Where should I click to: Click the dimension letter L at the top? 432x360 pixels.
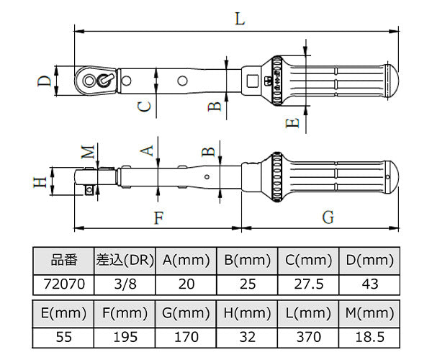(240, 19)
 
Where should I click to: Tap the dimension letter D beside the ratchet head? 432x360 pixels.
(45, 81)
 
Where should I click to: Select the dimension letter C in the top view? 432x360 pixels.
(144, 107)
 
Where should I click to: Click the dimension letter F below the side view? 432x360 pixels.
(159, 218)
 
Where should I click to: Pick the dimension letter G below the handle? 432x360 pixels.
(328, 217)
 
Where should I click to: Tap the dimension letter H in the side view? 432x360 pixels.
(40, 182)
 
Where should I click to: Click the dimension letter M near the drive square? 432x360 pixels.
(88, 152)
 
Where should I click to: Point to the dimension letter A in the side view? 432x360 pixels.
(147, 150)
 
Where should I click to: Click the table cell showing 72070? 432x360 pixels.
(63, 284)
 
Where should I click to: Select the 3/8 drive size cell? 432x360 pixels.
(125, 284)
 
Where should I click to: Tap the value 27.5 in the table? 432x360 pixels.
(309, 284)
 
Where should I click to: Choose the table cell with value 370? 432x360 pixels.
(309, 337)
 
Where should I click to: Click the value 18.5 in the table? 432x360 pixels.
(370, 337)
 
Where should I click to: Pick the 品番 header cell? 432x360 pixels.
(63, 261)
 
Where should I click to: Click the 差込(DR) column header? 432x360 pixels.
(125, 261)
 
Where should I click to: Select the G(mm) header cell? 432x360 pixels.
(186, 313)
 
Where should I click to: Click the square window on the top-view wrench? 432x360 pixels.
(252, 81)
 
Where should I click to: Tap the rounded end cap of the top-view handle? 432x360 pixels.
(393, 81)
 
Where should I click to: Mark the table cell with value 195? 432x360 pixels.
(125, 337)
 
